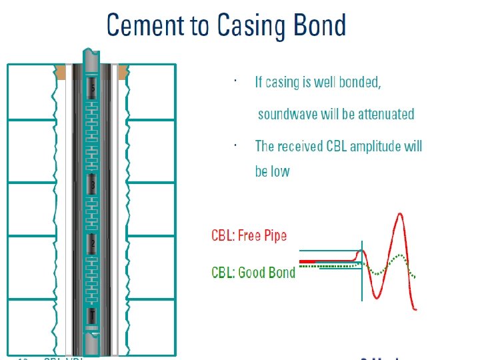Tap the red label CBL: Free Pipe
coord(249,236)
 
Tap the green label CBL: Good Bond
coord(253,272)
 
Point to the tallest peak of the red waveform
coord(399,214)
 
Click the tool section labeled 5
coord(93,88)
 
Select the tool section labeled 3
coord(93,183)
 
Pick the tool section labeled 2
coord(93,245)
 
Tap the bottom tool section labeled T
coord(93,313)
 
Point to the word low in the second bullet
coord(281,171)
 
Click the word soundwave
coord(288,114)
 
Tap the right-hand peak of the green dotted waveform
coord(400,257)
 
